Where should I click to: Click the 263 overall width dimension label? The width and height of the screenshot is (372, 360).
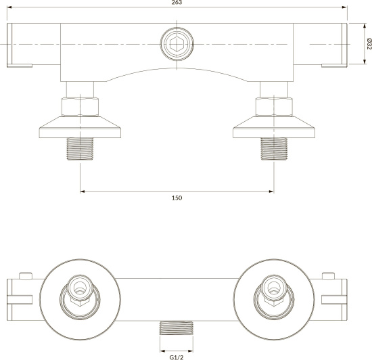tap(177, 3)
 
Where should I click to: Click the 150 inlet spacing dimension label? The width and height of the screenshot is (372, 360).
tap(177, 198)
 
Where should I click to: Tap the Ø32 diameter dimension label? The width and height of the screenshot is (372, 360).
tap(369, 44)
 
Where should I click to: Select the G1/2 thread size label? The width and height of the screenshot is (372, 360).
tap(177, 357)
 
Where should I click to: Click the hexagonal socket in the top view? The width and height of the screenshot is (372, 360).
tap(177, 44)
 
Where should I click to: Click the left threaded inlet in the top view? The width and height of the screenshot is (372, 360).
tap(80, 149)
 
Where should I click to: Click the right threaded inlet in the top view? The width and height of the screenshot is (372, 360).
tap(274, 149)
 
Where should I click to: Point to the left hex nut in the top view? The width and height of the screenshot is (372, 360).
tap(80, 107)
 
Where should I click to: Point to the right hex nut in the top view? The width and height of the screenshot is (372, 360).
tap(274, 107)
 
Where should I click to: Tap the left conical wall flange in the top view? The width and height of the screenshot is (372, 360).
tap(80, 127)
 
